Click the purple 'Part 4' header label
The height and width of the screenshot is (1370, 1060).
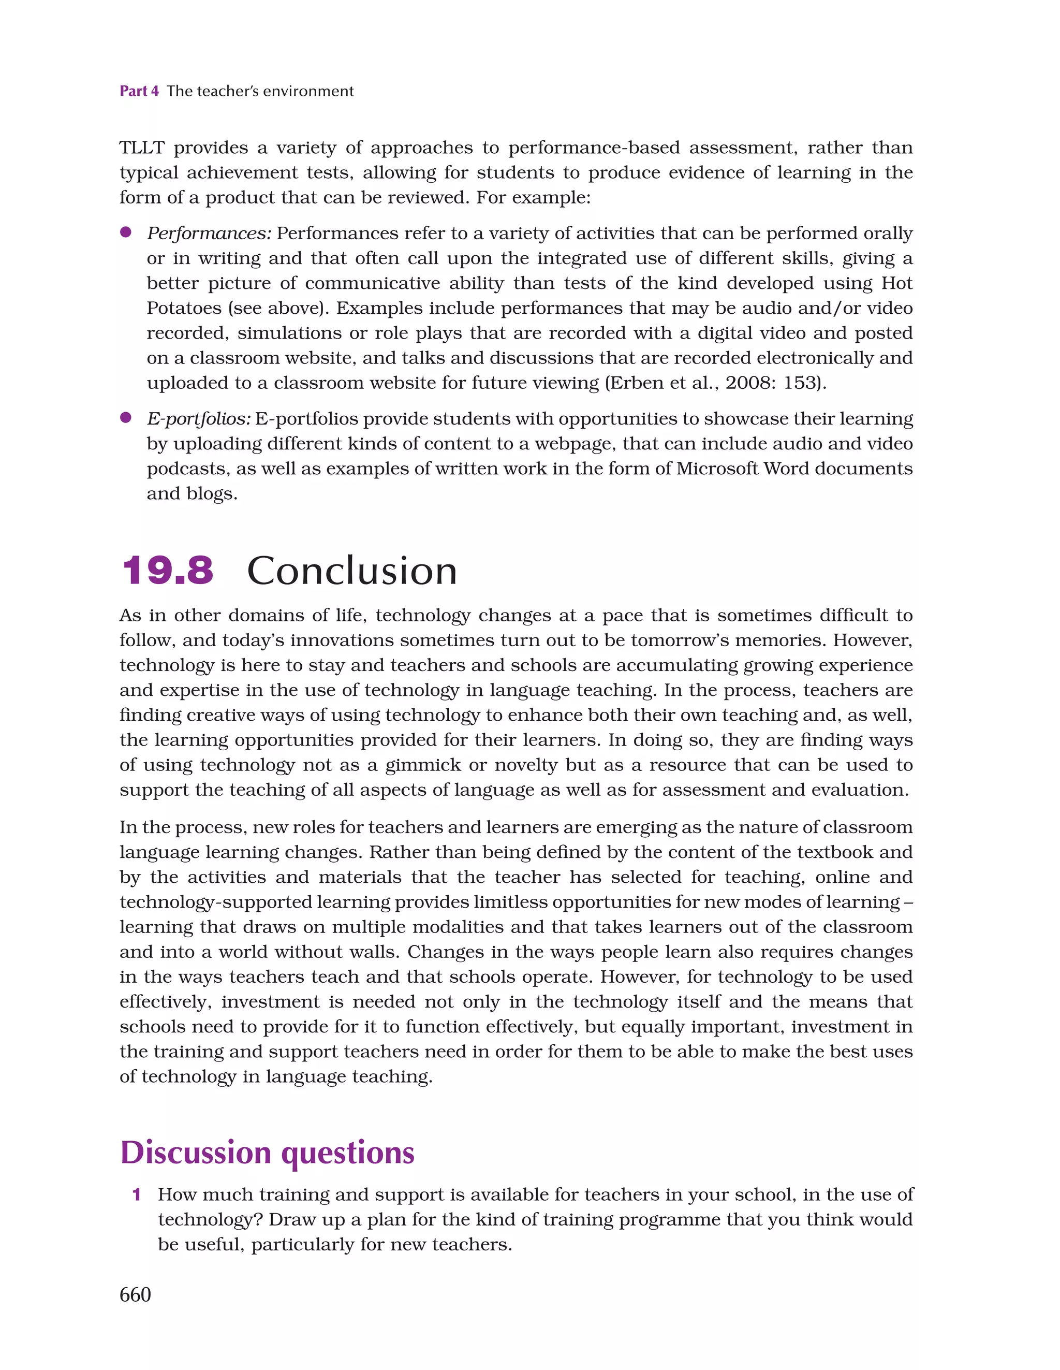139,91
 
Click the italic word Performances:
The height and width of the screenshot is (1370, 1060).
209,234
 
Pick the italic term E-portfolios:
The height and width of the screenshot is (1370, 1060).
198,418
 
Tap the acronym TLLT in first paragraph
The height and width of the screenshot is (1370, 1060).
142,148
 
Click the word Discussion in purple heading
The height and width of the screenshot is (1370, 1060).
196,1153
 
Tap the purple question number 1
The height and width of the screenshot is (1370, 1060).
136,1194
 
